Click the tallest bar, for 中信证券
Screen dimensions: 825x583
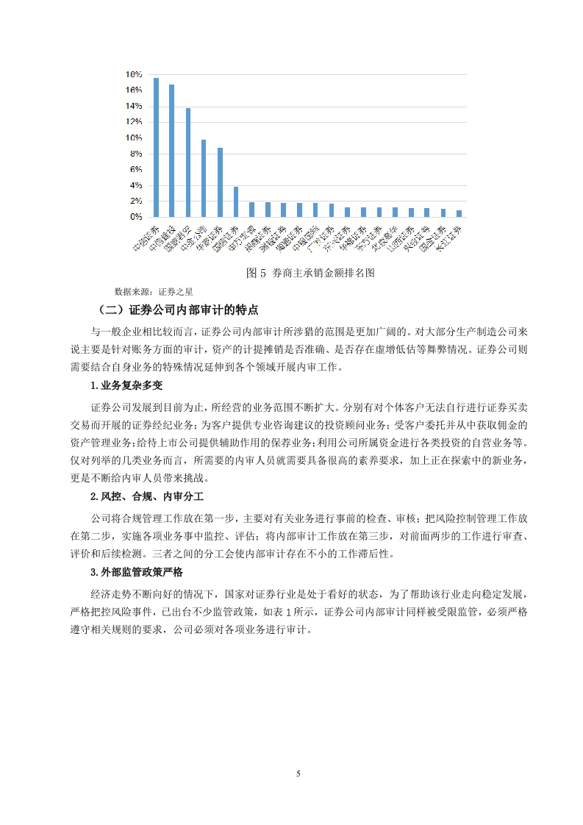(156, 147)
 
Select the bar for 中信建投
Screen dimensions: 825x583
(171, 151)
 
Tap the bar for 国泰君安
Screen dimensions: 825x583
(187, 162)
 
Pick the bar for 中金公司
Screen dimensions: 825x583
(204, 179)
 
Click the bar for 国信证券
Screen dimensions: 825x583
(235, 202)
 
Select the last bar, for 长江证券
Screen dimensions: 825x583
(459, 214)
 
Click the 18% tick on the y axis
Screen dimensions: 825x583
(133, 74)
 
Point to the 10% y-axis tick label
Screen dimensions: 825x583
(133, 138)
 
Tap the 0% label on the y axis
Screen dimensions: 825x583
(135, 218)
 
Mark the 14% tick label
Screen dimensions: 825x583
(133, 106)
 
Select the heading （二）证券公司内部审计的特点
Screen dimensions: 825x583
(178, 310)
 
